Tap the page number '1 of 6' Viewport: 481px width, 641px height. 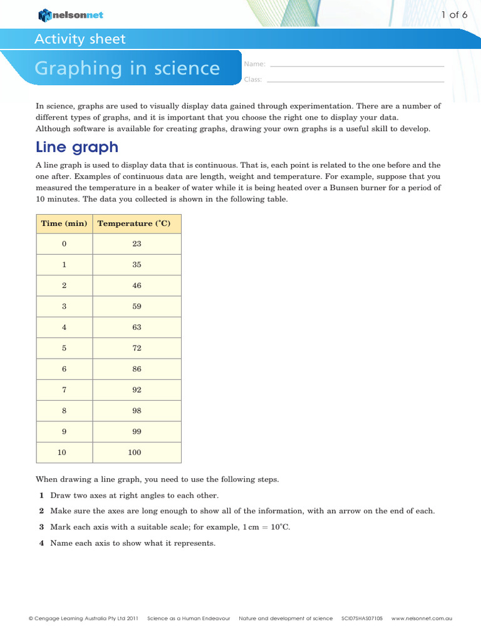(x=455, y=14)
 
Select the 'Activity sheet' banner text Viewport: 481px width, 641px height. (x=80, y=39)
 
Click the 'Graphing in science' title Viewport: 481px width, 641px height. (x=127, y=68)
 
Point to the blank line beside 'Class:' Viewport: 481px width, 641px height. (x=356, y=80)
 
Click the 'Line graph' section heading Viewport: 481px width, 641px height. (x=77, y=147)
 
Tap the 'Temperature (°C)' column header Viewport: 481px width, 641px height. (x=137, y=223)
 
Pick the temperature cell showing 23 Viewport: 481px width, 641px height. (x=137, y=244)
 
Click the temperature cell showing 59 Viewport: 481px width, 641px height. (x=137, y=307)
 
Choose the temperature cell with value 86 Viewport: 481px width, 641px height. (x=137, y=369)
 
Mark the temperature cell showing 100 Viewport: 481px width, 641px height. (x=137, y=453)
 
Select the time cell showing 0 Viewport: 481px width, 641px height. (x=64, y=244)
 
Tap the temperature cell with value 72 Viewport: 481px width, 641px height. (x=137, y=348)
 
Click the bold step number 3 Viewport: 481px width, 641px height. (x=41, y=527)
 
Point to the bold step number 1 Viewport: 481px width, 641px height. (x=41, y=495)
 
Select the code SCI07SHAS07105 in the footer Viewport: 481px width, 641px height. (x=362, y=618)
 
